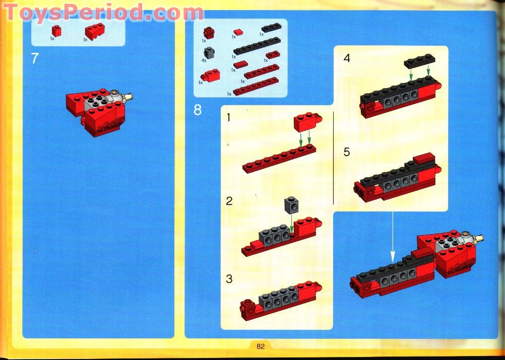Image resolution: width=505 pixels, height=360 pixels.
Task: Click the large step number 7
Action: point(35,58)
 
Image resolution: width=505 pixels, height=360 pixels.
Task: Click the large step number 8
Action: point(198,110)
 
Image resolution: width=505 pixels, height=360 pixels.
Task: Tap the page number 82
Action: point(261,346)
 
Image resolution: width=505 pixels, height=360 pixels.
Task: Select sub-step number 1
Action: point(228,117)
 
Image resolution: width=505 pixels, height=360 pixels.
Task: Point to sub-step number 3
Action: point(229,278)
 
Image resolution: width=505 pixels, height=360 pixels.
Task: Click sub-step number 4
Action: point(347,58)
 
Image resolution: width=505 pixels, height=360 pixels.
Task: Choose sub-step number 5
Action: point(347,152)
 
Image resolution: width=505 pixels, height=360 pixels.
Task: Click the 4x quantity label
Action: point(204,60)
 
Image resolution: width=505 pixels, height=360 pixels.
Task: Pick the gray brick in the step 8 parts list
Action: point(209,53)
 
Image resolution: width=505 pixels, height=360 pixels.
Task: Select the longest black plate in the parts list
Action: point(257,46)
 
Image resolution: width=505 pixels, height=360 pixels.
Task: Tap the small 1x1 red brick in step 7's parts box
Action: point(56,31)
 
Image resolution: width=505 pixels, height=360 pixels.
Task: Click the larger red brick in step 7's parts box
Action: point(95,31)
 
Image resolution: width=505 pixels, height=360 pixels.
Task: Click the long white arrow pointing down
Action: point(393,237)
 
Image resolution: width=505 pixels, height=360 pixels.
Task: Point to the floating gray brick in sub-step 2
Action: point(291,205)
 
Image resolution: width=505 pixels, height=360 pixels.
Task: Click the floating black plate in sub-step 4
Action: point(419,61)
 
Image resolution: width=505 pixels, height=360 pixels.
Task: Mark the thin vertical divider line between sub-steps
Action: point(333,158)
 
